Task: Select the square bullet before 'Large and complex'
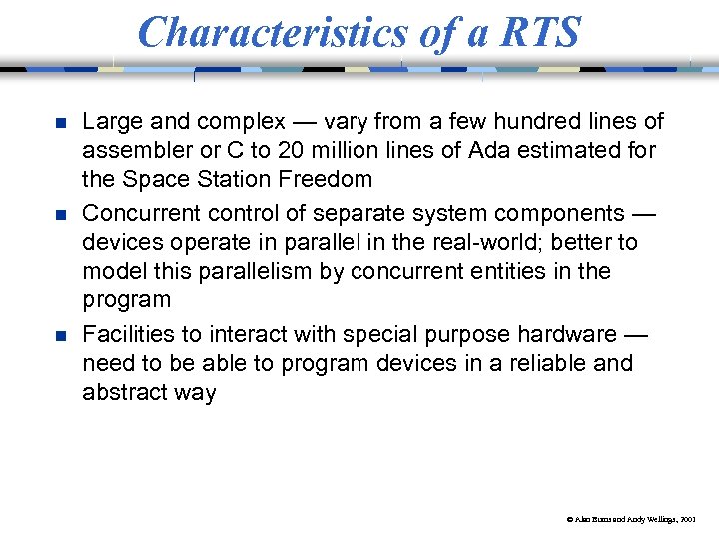(x=60, y=123)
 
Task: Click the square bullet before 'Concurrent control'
(x=60, y=215)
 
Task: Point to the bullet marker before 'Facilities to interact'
(x=60, y=335)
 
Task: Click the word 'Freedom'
(x=324, y=180)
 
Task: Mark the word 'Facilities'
(x=127, y=334)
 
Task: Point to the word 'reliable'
(x=543, y=363)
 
